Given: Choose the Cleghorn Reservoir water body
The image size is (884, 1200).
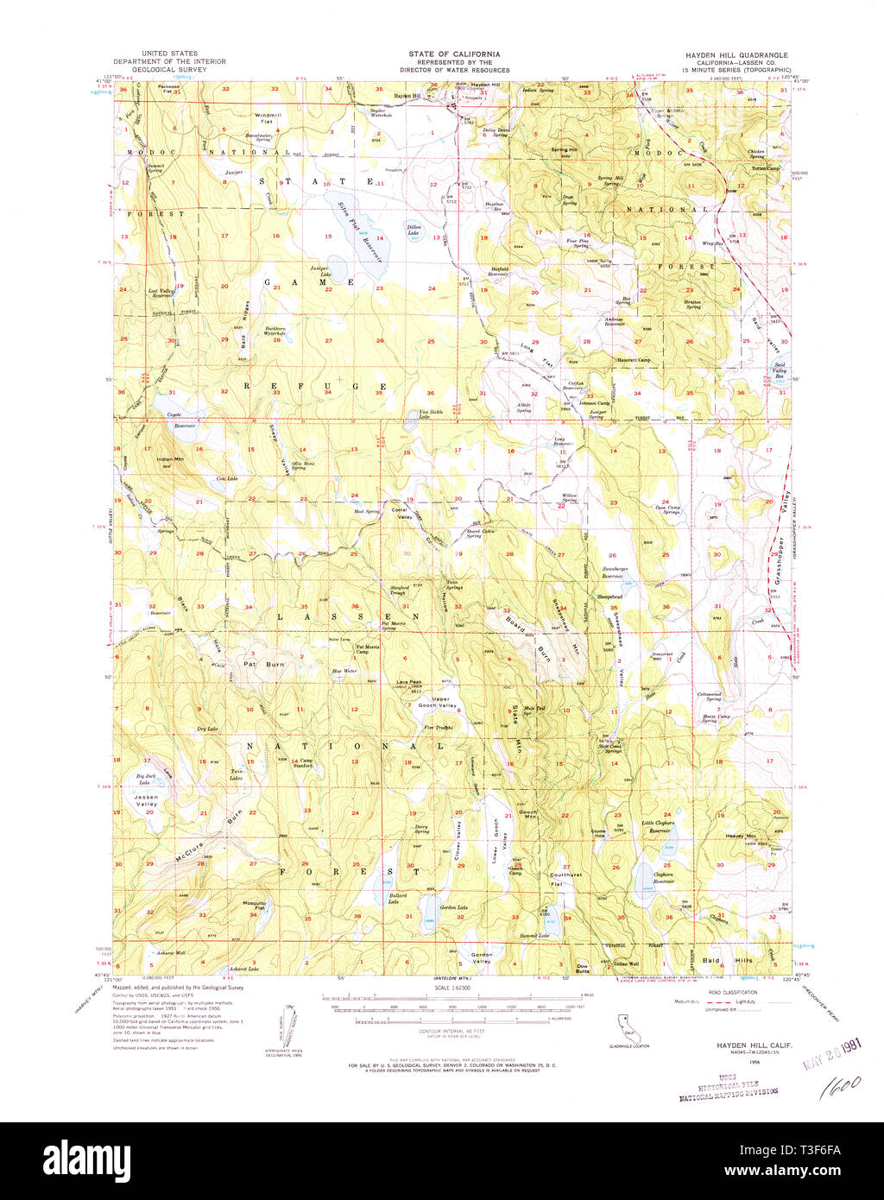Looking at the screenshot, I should tap(644, 881).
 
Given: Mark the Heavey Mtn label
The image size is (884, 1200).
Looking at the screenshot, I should tap(740, 836).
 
